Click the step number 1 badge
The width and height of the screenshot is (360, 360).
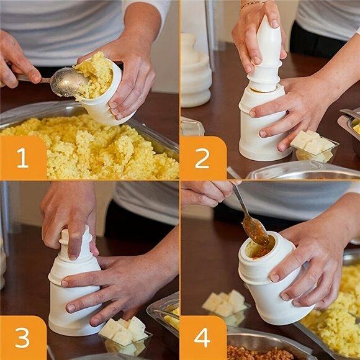pos(23,158)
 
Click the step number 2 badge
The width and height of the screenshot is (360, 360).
pos(202,158)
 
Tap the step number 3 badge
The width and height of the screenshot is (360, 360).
pos(22,338)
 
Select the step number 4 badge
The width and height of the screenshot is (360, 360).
pos(202,338)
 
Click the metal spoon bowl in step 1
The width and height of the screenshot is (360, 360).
pos(67,82)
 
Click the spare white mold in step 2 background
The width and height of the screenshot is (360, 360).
pos(196,71)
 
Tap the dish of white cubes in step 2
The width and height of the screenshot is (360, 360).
pos(313,146)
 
